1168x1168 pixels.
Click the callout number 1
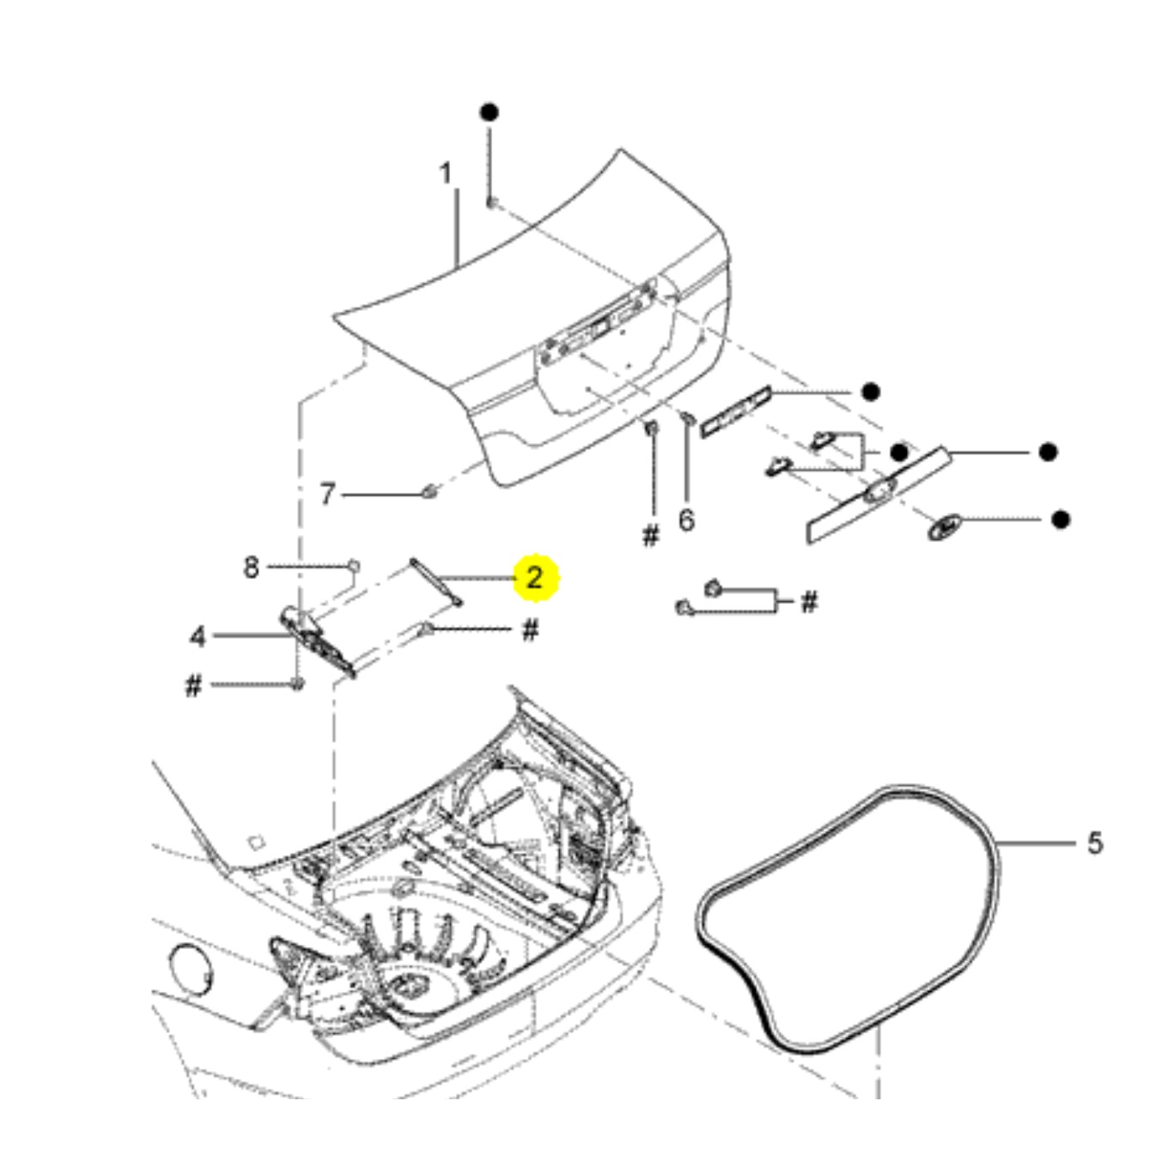click(x=445, y=174)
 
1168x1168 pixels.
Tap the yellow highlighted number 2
click(x=534, y=577)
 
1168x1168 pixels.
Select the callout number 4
click(x=198, y=636)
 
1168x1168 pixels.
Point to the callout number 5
click(x=1094, y=843)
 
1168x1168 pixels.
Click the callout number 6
click(x=686, y=520)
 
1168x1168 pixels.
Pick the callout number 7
click(x=327, y=495)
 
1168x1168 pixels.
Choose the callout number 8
click(x=251, y=567)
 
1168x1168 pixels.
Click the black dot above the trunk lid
click(x=490, y=113)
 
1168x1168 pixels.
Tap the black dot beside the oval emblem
click(x=1062, y=519)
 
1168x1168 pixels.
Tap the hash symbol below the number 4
click(x=194, y=685)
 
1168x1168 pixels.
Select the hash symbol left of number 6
click(x=651, y=536)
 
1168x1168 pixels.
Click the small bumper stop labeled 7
click(x=429, y=492)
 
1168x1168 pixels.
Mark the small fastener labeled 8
click(x=352, y=565)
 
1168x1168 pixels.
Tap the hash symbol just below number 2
click(x=531, y=630)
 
